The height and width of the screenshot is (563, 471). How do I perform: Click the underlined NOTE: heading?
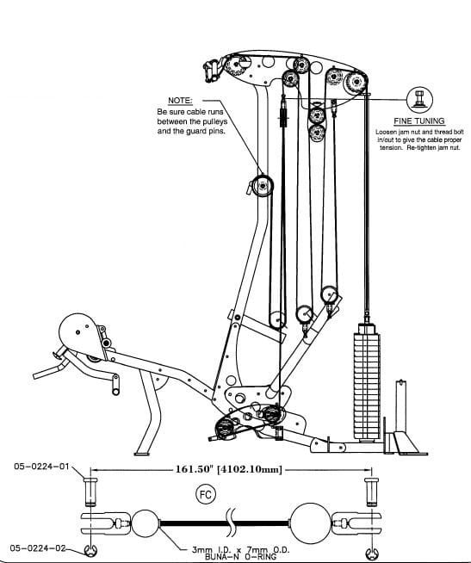click(x=179, y=101)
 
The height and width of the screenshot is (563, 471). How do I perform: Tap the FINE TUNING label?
click(x=418, y=122)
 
